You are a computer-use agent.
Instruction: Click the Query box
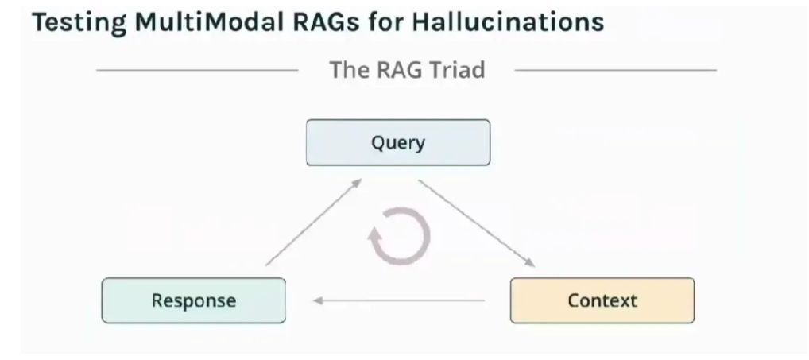coord(398,142)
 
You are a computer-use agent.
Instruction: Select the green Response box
coord(193,300)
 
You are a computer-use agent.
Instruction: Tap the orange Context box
coord(602,300)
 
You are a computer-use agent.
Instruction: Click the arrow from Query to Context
coord(477,223)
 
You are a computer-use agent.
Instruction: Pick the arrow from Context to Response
coord(399,300)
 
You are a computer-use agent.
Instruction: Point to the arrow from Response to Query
coord(314,222)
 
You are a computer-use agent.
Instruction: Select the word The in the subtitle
coord(348,70)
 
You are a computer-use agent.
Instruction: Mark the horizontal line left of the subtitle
coord(197,70)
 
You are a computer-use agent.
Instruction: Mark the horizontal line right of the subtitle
coord(616,70)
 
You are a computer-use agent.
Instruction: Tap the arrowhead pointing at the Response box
coord(318,300)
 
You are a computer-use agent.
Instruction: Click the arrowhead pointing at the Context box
coord(530,263)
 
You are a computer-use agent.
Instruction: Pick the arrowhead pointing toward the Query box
coord(357,183)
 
